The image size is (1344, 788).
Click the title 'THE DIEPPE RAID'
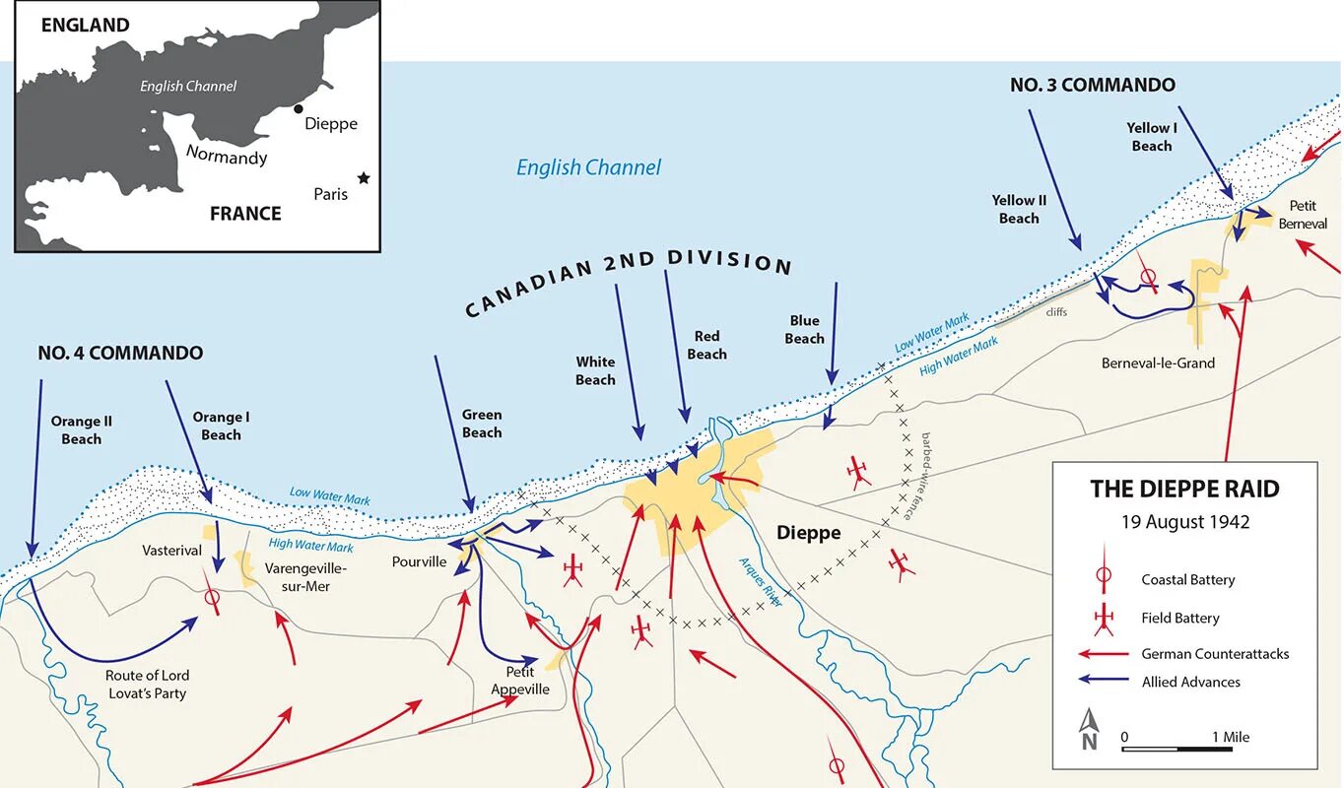1184,489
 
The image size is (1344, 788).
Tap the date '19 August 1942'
1184,522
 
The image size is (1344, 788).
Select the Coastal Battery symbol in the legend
1104,578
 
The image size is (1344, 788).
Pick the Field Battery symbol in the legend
1104,618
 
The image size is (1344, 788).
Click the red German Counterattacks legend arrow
1104,653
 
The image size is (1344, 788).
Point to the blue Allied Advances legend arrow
1104,681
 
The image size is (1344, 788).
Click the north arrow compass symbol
1089,729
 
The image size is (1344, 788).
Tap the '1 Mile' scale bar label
1231,737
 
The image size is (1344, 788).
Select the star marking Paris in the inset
364,178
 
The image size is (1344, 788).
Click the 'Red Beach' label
706,346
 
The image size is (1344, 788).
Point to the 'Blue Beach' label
804,329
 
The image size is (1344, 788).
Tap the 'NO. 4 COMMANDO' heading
120,353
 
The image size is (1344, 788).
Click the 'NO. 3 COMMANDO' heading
1092,85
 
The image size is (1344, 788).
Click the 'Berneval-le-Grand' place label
1158,362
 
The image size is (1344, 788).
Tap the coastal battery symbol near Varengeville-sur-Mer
211,596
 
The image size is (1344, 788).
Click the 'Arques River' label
761,582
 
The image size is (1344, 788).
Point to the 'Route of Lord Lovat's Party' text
147,684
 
